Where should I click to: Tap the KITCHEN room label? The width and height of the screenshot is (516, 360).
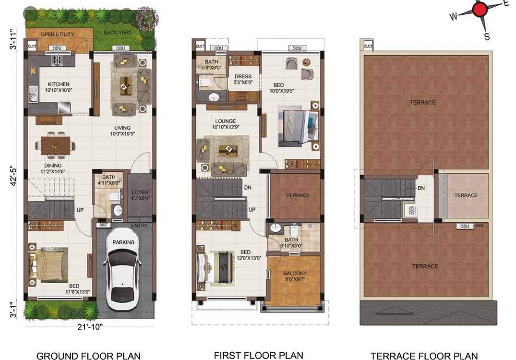coord(59,84)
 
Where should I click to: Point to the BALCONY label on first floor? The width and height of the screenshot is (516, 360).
coord(295,274)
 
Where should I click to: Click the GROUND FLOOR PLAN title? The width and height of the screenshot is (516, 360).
coord(89,355)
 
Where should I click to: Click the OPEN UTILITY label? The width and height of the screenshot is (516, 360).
coord(57,35)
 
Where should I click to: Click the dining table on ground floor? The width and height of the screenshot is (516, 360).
coord(55,144)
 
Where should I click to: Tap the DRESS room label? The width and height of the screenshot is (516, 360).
coord(243,77)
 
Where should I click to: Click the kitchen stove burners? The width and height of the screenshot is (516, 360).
coord(58,61)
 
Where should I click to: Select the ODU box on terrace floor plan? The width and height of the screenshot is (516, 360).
coord(464,226)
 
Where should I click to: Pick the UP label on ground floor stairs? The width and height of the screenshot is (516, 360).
coord(80,210)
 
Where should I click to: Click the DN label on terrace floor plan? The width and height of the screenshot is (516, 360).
coord(420,189)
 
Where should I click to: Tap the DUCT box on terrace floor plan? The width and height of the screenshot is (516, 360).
coord(368,47)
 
